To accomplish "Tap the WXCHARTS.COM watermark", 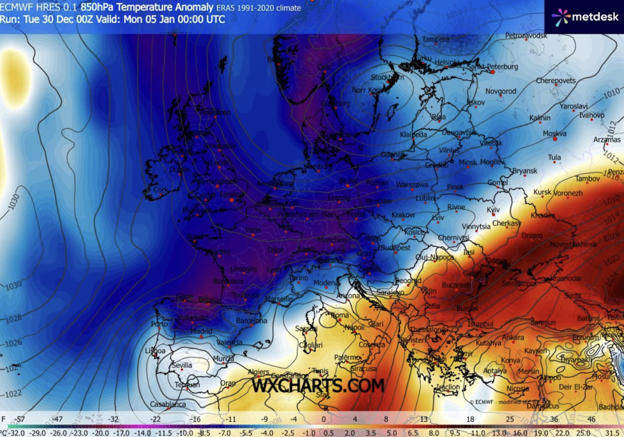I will click(x=318, y=385).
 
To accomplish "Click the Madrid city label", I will click(x=201, y=331).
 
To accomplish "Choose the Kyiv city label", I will click(x=493, y=210).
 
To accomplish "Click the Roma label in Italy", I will click(x=339, y=316).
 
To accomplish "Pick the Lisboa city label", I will click(x=155, y=350).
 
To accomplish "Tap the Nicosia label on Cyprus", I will click(x=499, y=389).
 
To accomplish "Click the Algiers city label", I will click(x=259, y=371).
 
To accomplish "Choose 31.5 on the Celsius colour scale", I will click(x=613, y=431).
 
